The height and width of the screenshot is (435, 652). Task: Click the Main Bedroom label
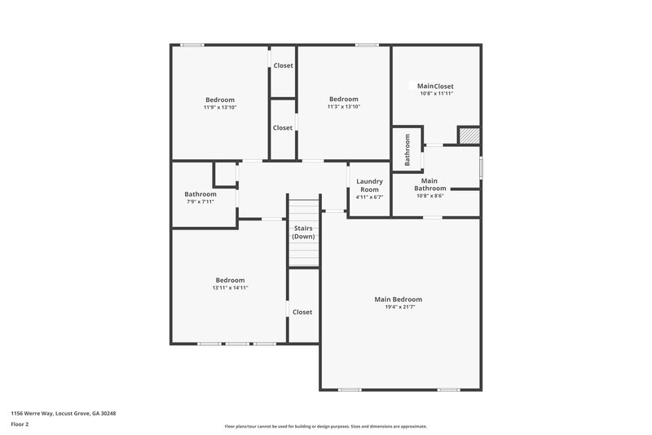[398, 300]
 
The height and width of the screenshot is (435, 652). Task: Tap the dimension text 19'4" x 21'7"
[398, 308]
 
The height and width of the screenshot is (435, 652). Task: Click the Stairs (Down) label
[304, 232]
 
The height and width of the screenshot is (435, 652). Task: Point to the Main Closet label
[435, 86]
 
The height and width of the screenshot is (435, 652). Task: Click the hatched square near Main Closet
[468, 135]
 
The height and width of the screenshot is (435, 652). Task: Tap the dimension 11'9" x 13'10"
[220, 107]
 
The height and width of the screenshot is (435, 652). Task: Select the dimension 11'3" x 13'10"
[343, 107]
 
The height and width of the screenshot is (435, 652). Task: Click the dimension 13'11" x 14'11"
[230, 287]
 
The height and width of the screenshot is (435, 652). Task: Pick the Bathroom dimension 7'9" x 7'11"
[200, 202]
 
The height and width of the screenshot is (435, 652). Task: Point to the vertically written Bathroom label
[407, 149]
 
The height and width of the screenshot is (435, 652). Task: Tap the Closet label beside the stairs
[302, 312]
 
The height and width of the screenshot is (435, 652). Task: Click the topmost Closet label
[283, 65]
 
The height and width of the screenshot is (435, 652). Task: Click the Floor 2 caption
[20, 424]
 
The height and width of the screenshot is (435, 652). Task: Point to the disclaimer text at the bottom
[325, 426]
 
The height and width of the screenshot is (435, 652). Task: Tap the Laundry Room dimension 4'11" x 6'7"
[369, 197]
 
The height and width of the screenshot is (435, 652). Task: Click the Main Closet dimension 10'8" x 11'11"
[435, 94]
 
